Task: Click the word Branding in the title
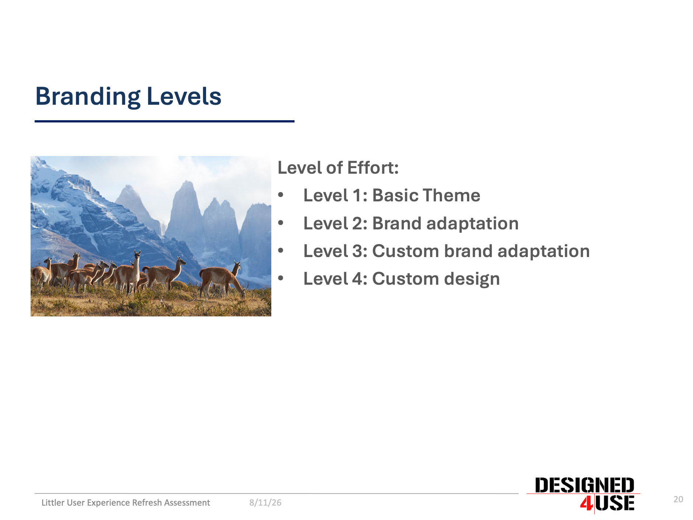tap(88, 97)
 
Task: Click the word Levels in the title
tap(184, 96)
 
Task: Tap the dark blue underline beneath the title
tap(164, 121)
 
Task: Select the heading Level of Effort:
tap(338, 168)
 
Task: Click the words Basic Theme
tap(426, 195)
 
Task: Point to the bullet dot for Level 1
tap(281, 195)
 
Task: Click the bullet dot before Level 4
tap(281, 278)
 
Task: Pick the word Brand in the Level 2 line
tap(396, 223)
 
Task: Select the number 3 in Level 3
tap(357, 251)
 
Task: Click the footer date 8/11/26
tap(265, 503)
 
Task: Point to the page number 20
tap(678, 499)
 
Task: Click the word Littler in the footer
tap(53, 503)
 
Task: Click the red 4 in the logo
tap(586, 503)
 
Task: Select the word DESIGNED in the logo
tap(585, 485)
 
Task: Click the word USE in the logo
tap(615, 503)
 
